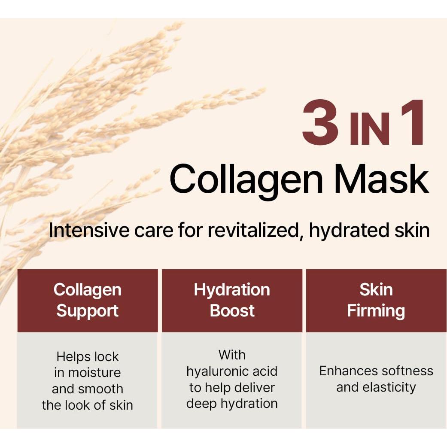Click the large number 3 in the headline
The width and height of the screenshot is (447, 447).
pos(320,123)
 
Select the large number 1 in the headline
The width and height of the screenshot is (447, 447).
pos(412,123)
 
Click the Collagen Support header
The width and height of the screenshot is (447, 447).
pos(88,300)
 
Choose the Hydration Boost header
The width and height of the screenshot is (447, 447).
pos(232,300)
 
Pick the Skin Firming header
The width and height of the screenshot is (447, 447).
pos(376,300)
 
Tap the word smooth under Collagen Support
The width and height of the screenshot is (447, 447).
pos(103,389)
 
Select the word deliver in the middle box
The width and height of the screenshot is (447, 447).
pos(257,387)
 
